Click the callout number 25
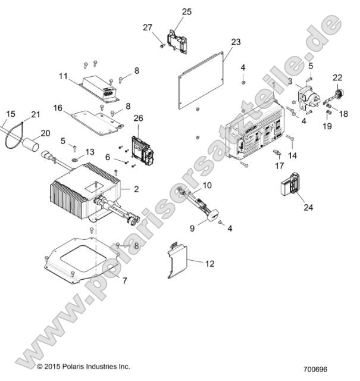[x=186, y=11]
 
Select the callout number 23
[x=236, y=42]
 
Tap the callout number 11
[x=79, y=76]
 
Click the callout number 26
[x=138, y=118]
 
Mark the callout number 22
[x=337, y=77]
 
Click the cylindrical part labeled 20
[x=31, y=145]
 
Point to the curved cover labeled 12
[x=177, y=260]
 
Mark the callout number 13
[x=90, y=152]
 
